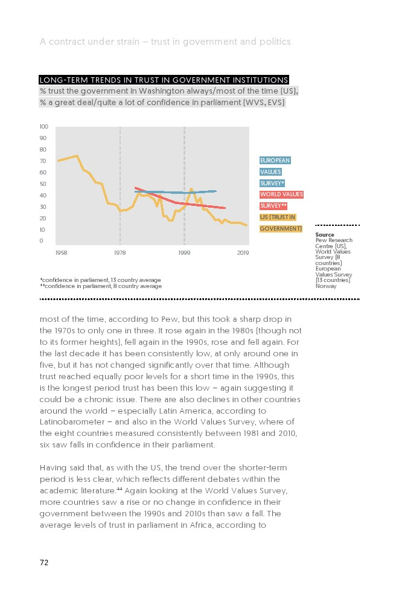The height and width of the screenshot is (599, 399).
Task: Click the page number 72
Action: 44,563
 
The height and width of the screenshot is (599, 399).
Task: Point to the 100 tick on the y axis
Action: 43,127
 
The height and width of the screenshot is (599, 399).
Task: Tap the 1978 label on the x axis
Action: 120,252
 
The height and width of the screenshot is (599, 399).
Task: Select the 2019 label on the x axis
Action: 243,252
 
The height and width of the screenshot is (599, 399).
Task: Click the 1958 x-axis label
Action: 61,252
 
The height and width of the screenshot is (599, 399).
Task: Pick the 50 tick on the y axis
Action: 43,184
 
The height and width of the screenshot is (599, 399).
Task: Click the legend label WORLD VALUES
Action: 281,194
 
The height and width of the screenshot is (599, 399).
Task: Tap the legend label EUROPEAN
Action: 275,161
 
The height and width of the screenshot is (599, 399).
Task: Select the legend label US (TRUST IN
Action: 278,217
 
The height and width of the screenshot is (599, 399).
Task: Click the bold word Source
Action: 325,235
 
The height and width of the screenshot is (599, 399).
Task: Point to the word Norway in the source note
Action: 326,286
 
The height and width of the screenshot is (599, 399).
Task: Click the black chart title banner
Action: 164,80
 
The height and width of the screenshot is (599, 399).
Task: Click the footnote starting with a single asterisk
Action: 100,280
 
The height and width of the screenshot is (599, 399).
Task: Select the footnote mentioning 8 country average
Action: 101,286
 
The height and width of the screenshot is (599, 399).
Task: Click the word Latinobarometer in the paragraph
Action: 75,422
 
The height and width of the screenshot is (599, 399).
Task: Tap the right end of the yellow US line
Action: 246,225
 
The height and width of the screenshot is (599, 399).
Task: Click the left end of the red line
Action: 135,188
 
